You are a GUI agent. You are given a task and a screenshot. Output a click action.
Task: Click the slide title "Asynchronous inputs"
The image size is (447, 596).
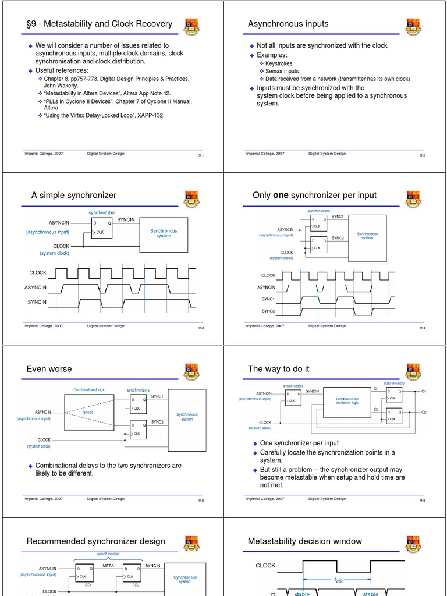click(288, 24)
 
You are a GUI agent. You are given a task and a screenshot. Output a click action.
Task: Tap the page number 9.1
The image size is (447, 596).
click(201, 156)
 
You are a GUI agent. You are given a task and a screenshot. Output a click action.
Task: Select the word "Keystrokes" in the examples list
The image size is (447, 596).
click(279, 63)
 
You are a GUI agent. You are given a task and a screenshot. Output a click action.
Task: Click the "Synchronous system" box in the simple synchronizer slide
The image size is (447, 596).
click(164, 233)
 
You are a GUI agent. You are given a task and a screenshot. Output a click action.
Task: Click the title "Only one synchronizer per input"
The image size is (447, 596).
click(314, 195)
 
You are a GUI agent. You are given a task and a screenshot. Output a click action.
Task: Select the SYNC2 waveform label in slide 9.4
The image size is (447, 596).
click(268, 311)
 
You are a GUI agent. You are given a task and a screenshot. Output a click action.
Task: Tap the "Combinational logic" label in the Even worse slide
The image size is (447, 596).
click(90, 390)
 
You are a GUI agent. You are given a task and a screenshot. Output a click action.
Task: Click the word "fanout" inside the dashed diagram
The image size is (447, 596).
click(87, 412)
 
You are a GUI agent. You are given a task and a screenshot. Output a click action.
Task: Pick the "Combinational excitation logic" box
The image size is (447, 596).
click(347, 401)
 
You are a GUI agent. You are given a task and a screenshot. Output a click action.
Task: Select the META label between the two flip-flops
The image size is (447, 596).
click(108, 565)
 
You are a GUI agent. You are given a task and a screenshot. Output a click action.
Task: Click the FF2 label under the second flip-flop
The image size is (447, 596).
click(136, 586)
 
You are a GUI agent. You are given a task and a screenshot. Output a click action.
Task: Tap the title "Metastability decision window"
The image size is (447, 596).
click(304, 541)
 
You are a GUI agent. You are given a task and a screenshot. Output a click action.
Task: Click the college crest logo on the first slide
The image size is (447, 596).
click(193, 26)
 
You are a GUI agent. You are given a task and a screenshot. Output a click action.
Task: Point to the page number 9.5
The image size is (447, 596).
click(201, 501)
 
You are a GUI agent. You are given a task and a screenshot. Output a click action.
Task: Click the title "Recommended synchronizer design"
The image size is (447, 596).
click(95, 541)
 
